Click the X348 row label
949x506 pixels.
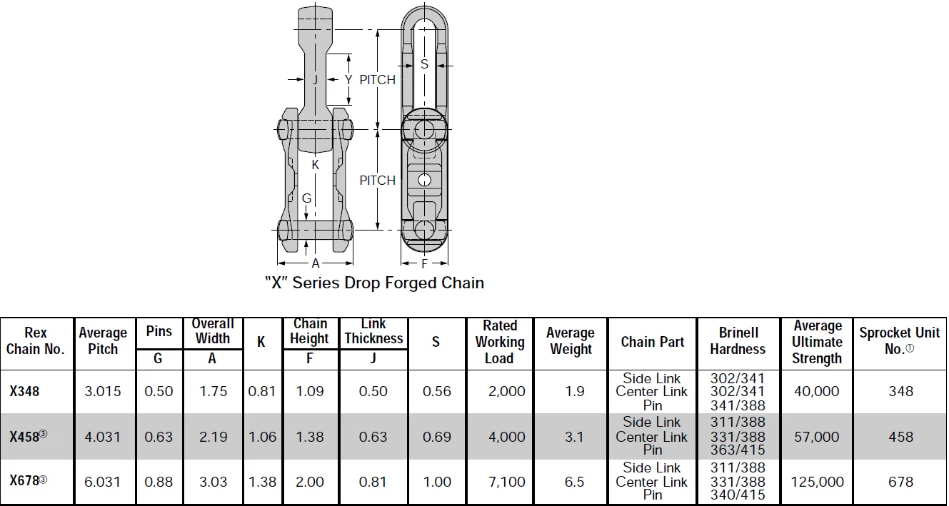(24, 391)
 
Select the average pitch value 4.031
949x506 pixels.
(103, 437)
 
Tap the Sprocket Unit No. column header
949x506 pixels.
(899, 341)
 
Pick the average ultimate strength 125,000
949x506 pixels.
(817, 482)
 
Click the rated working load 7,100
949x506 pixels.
(507, 482)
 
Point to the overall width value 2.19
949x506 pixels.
(213, 437)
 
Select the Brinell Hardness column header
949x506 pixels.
(738, 341)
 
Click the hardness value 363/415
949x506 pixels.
(738, 450)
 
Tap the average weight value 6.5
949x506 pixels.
(575, 482)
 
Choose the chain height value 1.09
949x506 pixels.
(310, 391)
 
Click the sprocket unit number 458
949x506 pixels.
(900, 437)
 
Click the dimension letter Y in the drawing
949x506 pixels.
(348, 80)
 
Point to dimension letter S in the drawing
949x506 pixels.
(424, 64)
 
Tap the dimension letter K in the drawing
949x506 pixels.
(316, 165)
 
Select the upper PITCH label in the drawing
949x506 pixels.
(377, 80)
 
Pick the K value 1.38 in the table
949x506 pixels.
(262, 482)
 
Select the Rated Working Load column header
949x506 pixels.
(500, 342)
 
